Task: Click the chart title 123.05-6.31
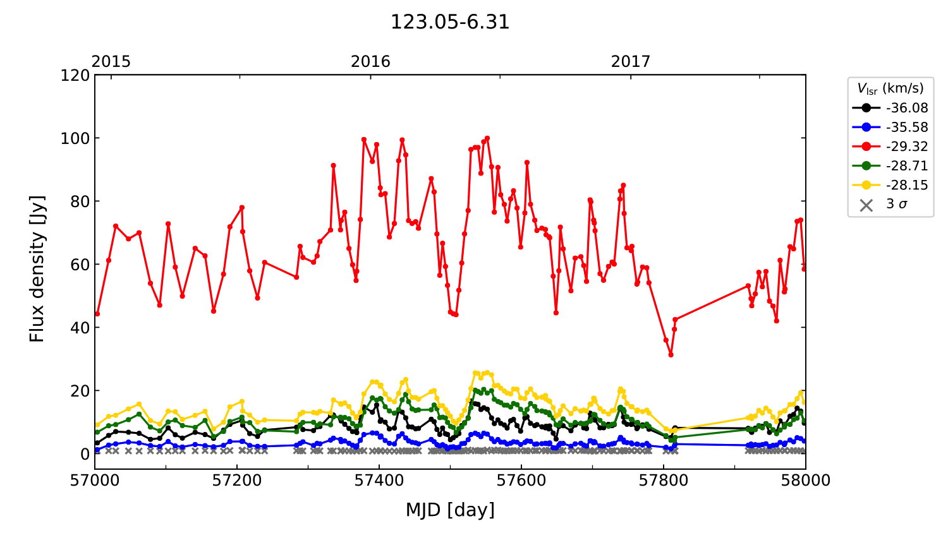(x=449, y=22)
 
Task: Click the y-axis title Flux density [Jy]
(x=37, y=268)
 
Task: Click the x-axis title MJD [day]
(x=449, y=510)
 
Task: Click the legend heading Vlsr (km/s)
(x=890, y=88)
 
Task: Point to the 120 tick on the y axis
(x=75, y=75)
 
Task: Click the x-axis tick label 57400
(x=379, y=481)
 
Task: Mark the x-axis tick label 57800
(x=664, y=481)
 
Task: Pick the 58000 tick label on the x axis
(x=805, y=481)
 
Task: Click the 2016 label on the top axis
(x=370, y=61)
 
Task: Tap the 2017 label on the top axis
(x=630, y=61)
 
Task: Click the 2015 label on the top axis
(x=111, y=61)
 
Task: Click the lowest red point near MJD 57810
(x=671, y=355)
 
